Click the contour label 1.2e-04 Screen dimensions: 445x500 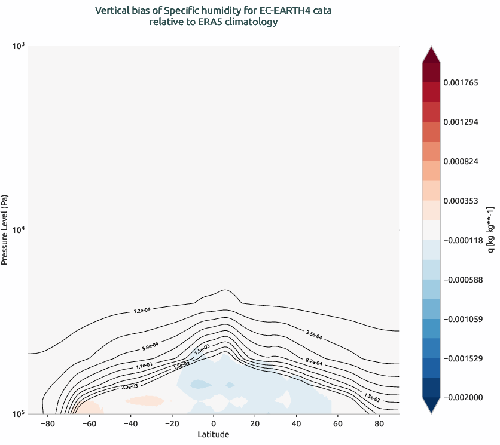click(142, 310)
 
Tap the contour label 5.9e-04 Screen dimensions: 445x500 click(150, 346)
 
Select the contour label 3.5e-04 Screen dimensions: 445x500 click(313, 335)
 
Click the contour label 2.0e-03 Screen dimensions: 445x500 click(129, 387)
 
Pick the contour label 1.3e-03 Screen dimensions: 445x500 click(371, 395)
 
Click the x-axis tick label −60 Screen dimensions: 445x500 click(89, 424)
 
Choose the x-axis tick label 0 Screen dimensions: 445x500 click(214, 424)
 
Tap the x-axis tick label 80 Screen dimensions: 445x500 click(379, 424)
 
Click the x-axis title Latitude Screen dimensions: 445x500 click(214, 435)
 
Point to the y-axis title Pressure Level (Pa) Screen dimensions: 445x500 click(5, 229)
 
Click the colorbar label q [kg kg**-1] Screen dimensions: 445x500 click(490, 229)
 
